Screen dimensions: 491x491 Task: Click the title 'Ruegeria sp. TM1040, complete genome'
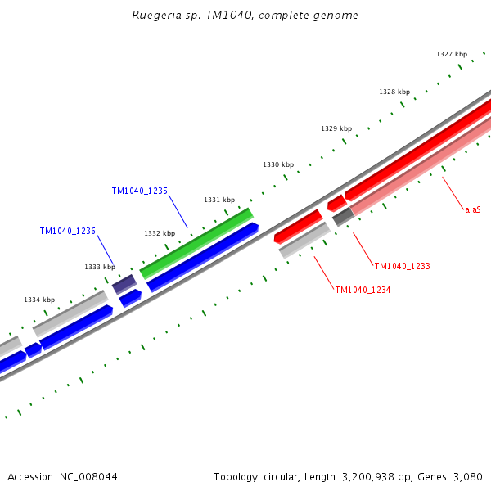(x=245, y=16)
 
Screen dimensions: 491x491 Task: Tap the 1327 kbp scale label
(x=451, y=54)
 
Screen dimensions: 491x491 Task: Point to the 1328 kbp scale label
(x=394, y=92)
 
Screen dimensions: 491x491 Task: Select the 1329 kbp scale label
(x=336, y=128)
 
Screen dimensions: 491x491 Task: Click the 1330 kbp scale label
(x=278, y=164)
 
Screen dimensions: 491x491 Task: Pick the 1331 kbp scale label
(x=219, y=200)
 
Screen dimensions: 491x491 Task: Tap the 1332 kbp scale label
(x=160, y=233)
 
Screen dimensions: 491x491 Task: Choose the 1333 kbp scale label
(x=100, y=267)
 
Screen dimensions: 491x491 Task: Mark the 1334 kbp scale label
(x=39, y=300)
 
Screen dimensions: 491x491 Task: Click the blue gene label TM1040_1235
(x=139, y=191)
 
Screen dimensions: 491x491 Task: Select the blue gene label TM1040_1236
(x=67, y=231)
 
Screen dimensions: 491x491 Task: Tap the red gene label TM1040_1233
(x=402, y=266)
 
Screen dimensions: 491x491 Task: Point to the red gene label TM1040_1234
(x=363, y=289)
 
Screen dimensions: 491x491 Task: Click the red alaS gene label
(x=473, y=209)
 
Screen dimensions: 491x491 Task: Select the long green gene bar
(x=196, y=243)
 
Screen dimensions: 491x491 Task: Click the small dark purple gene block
(x=124, y=284)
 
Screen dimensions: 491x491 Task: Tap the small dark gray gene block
(x=343, y=217)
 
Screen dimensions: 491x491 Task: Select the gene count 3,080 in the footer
(x=466, y=476)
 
